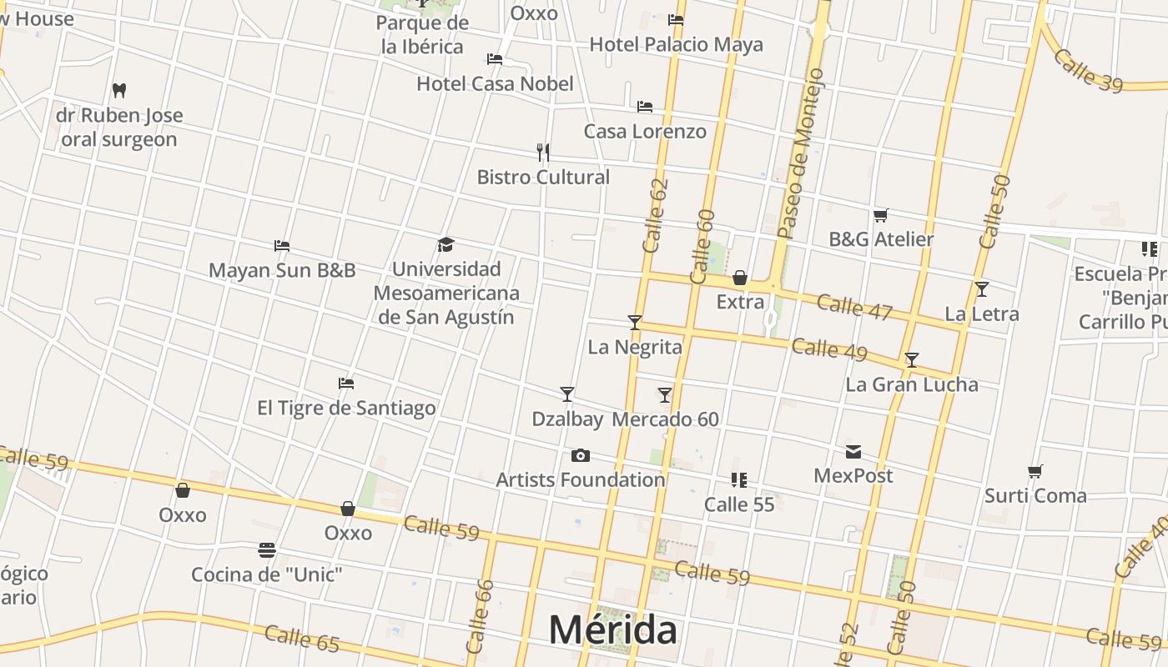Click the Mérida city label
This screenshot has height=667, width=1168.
[x=612, y=629]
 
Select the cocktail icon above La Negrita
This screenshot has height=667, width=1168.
[x=635, y=322]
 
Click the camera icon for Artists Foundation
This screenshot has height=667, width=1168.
[x=580, y=455]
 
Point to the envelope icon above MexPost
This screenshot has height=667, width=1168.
[x=853, y=452]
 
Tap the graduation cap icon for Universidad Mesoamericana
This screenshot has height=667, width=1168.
[x=446, y=245]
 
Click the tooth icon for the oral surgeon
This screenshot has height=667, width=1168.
[x=119, y=90]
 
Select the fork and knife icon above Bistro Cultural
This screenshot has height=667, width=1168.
[x=543, y=153]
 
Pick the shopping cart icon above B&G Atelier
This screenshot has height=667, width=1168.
[x=880, y=216]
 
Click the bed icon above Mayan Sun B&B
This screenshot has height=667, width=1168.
[x=282, y=246]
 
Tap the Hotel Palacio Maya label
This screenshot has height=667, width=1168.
[x=676, y=44]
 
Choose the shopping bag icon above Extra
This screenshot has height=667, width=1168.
[x=740, y=278]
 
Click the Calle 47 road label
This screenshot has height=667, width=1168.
[x=854, y=307]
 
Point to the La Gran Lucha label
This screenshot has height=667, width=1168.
[x=911, y=384]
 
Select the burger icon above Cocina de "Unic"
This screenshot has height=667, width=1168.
[x=267, y=550]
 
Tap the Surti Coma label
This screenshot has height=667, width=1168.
[x=1035, y=495]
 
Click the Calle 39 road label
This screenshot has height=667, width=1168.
[x=1087, y=72]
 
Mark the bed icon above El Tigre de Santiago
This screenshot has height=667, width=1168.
[x=346, y=384]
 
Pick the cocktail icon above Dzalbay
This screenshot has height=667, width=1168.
[x=567, y=394]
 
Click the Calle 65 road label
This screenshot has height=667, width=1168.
[x=302, y=637]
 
